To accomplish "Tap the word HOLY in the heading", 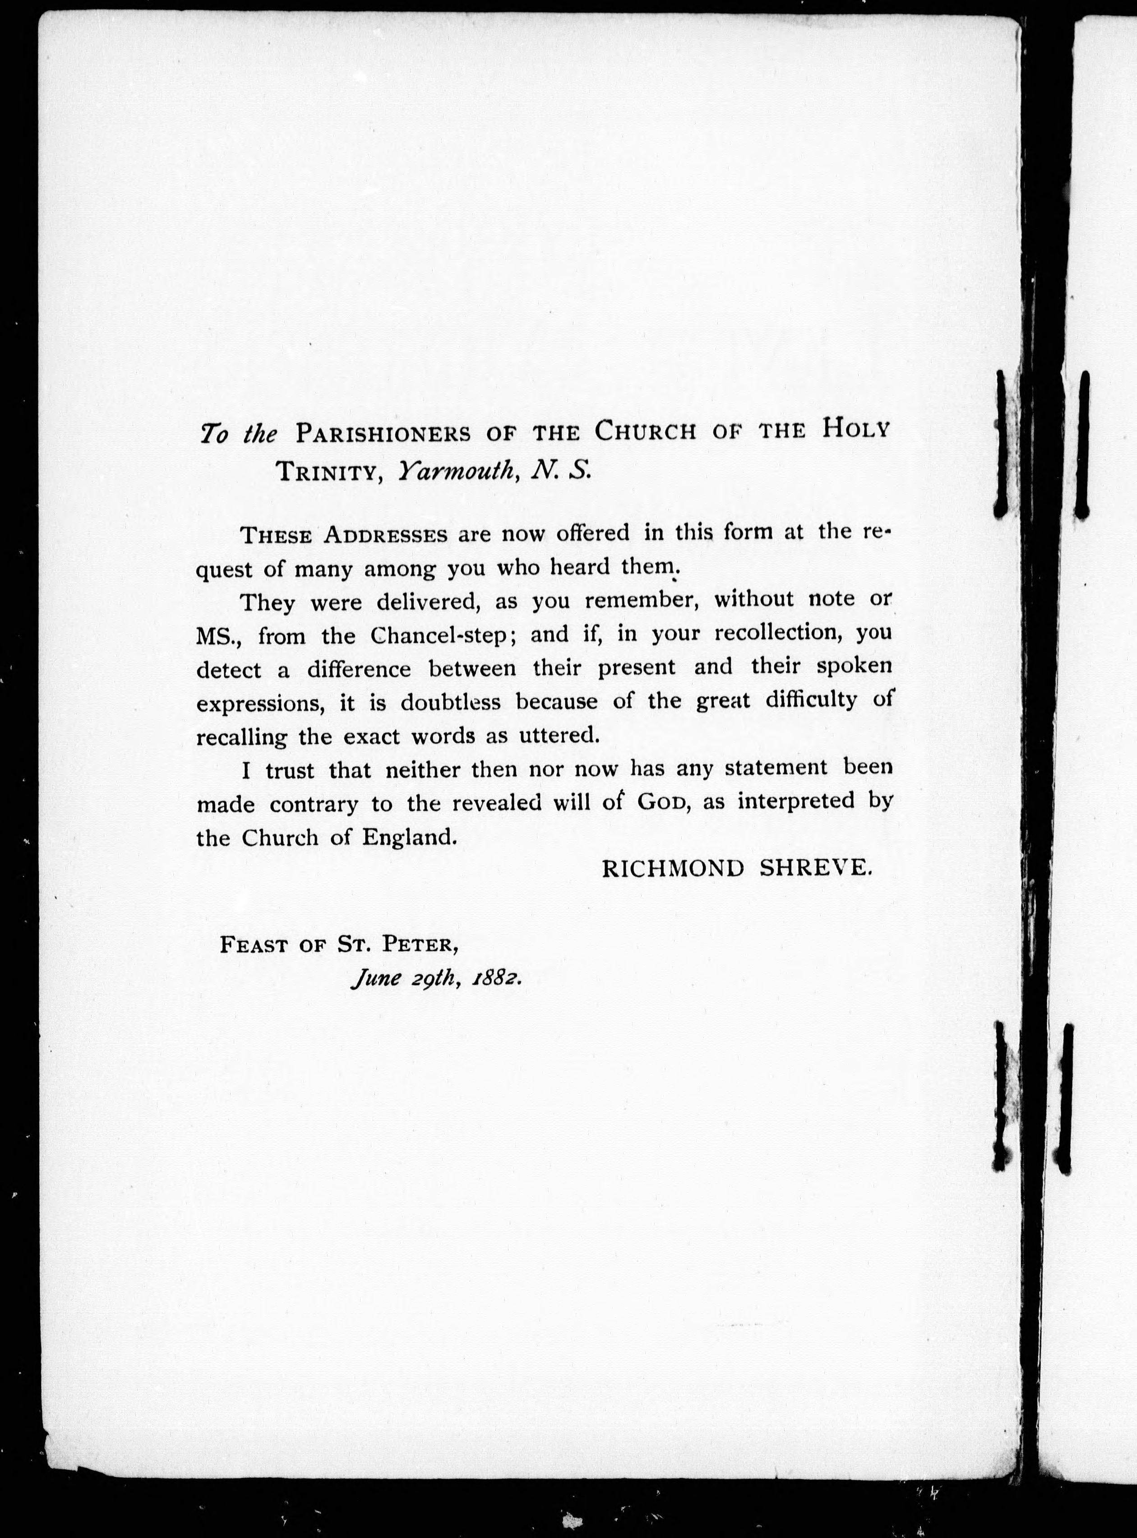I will pos(855,430).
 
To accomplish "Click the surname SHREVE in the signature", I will pos(816,869).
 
